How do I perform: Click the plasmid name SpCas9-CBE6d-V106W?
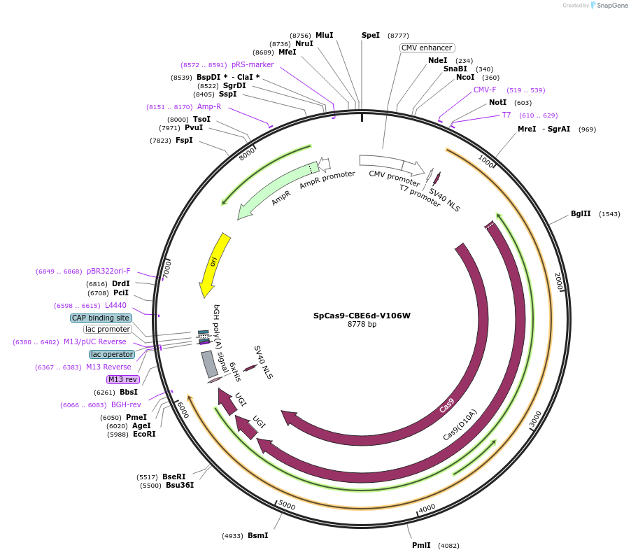(x=362, y=316)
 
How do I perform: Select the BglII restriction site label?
(x=581, y=214)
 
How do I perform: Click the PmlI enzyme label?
(x=421, y=545)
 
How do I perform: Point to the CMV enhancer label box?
(x=427, y=48)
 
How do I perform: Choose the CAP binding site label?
(x=101, y=318)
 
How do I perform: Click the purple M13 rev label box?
(x=123, y=379)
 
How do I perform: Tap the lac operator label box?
(x=112, y=354)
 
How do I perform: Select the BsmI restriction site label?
(x=257, y=536)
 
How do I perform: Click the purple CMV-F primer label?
(x=485, y=90)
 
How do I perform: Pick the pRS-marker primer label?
(x=253, y=65)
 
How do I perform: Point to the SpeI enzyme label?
(x=371, y=35)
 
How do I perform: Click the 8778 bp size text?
(x=362, y=325)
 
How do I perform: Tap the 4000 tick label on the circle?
(x=427, y=508)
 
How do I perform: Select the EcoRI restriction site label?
(x=144, y=435)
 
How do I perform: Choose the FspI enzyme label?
(x=184, y=141)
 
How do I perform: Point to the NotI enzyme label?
(x=497, y=103)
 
